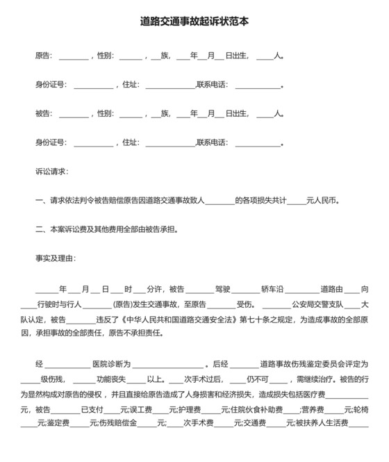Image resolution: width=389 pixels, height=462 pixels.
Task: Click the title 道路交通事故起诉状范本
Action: pos(194,22)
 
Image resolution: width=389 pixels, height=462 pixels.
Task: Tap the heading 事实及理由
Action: pos(55,258)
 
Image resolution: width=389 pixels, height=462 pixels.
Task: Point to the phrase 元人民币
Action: pos(322,200)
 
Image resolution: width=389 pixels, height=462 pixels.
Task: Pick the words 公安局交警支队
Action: pos(317,304)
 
